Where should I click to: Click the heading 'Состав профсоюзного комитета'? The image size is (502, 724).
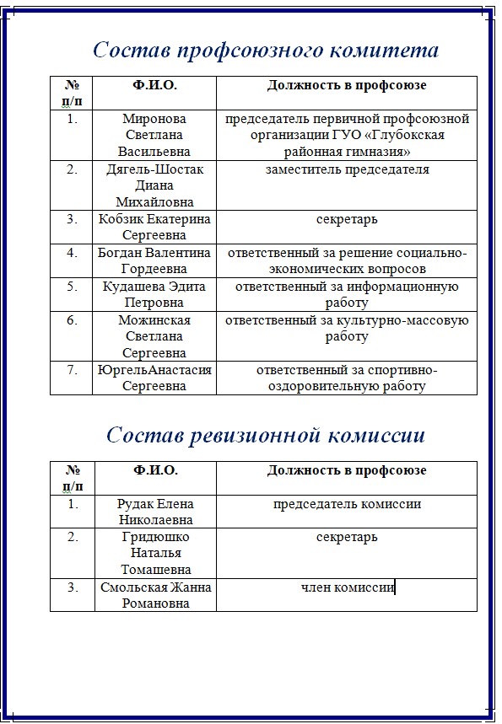click(266, 50)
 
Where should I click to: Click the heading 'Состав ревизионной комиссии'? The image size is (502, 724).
click(266, 435)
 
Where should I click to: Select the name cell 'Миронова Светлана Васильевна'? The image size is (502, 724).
click(154, 135)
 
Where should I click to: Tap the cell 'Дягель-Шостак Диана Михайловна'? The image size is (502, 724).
click(154, 185)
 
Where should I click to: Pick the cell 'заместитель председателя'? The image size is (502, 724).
click(347, 169)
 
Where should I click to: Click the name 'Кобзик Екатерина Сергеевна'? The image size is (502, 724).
click(154, 227)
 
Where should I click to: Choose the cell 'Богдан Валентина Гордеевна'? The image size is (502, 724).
click(154, 260)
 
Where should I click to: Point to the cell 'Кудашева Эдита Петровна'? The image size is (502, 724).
click(154, 294)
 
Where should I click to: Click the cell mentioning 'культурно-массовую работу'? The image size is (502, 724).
click(347, 328)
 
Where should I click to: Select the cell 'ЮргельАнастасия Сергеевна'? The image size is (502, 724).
click(154, 378)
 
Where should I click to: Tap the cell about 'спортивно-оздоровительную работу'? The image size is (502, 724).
click(347, 378)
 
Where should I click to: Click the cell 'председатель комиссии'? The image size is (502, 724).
click(347, 504)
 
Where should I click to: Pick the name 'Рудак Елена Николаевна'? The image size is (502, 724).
click(154, 512)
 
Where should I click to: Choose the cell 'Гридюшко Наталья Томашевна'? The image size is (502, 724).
click(154, 553)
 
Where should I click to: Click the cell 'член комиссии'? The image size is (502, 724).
click(347, 587)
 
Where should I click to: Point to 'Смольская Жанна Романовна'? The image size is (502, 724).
click(154, 595)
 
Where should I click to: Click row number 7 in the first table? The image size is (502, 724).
click(72, 370)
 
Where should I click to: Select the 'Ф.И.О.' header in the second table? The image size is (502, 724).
click(154, 470)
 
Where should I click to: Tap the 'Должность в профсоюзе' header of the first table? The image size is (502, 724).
click(347, 85)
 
